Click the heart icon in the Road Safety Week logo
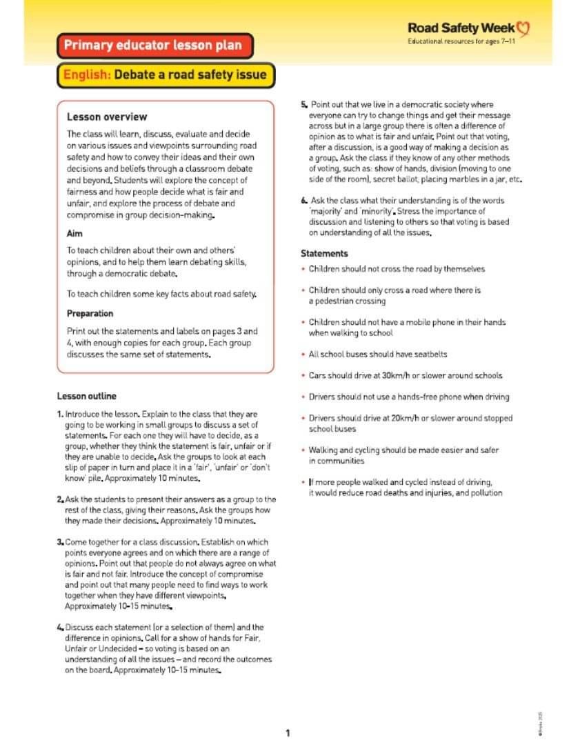pyautogui.click(x=523, y=28)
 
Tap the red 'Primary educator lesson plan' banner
pyautogui.click(x=153, y=46)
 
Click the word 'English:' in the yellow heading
pyautogui.click(x=87, y=74)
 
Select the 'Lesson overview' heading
pyautogui.click(x=107, y=117)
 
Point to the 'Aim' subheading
pyautogui.click(x=74, y=234)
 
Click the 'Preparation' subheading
pyautogui.click(x=90, y=313)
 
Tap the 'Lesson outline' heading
pyautogui.click(x=86, y=396)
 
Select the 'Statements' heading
pyautogui.click(x=324, y=253)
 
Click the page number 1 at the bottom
pyautogui.click(x=288, y=733)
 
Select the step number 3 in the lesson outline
pyautogui.click(x=60, y=542)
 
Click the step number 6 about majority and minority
pyautogui.click(x=303, y=200)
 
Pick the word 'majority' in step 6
pyautogui.click(x=326, y=211)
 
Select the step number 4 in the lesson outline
pyautogui.click(x=60, y=627)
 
